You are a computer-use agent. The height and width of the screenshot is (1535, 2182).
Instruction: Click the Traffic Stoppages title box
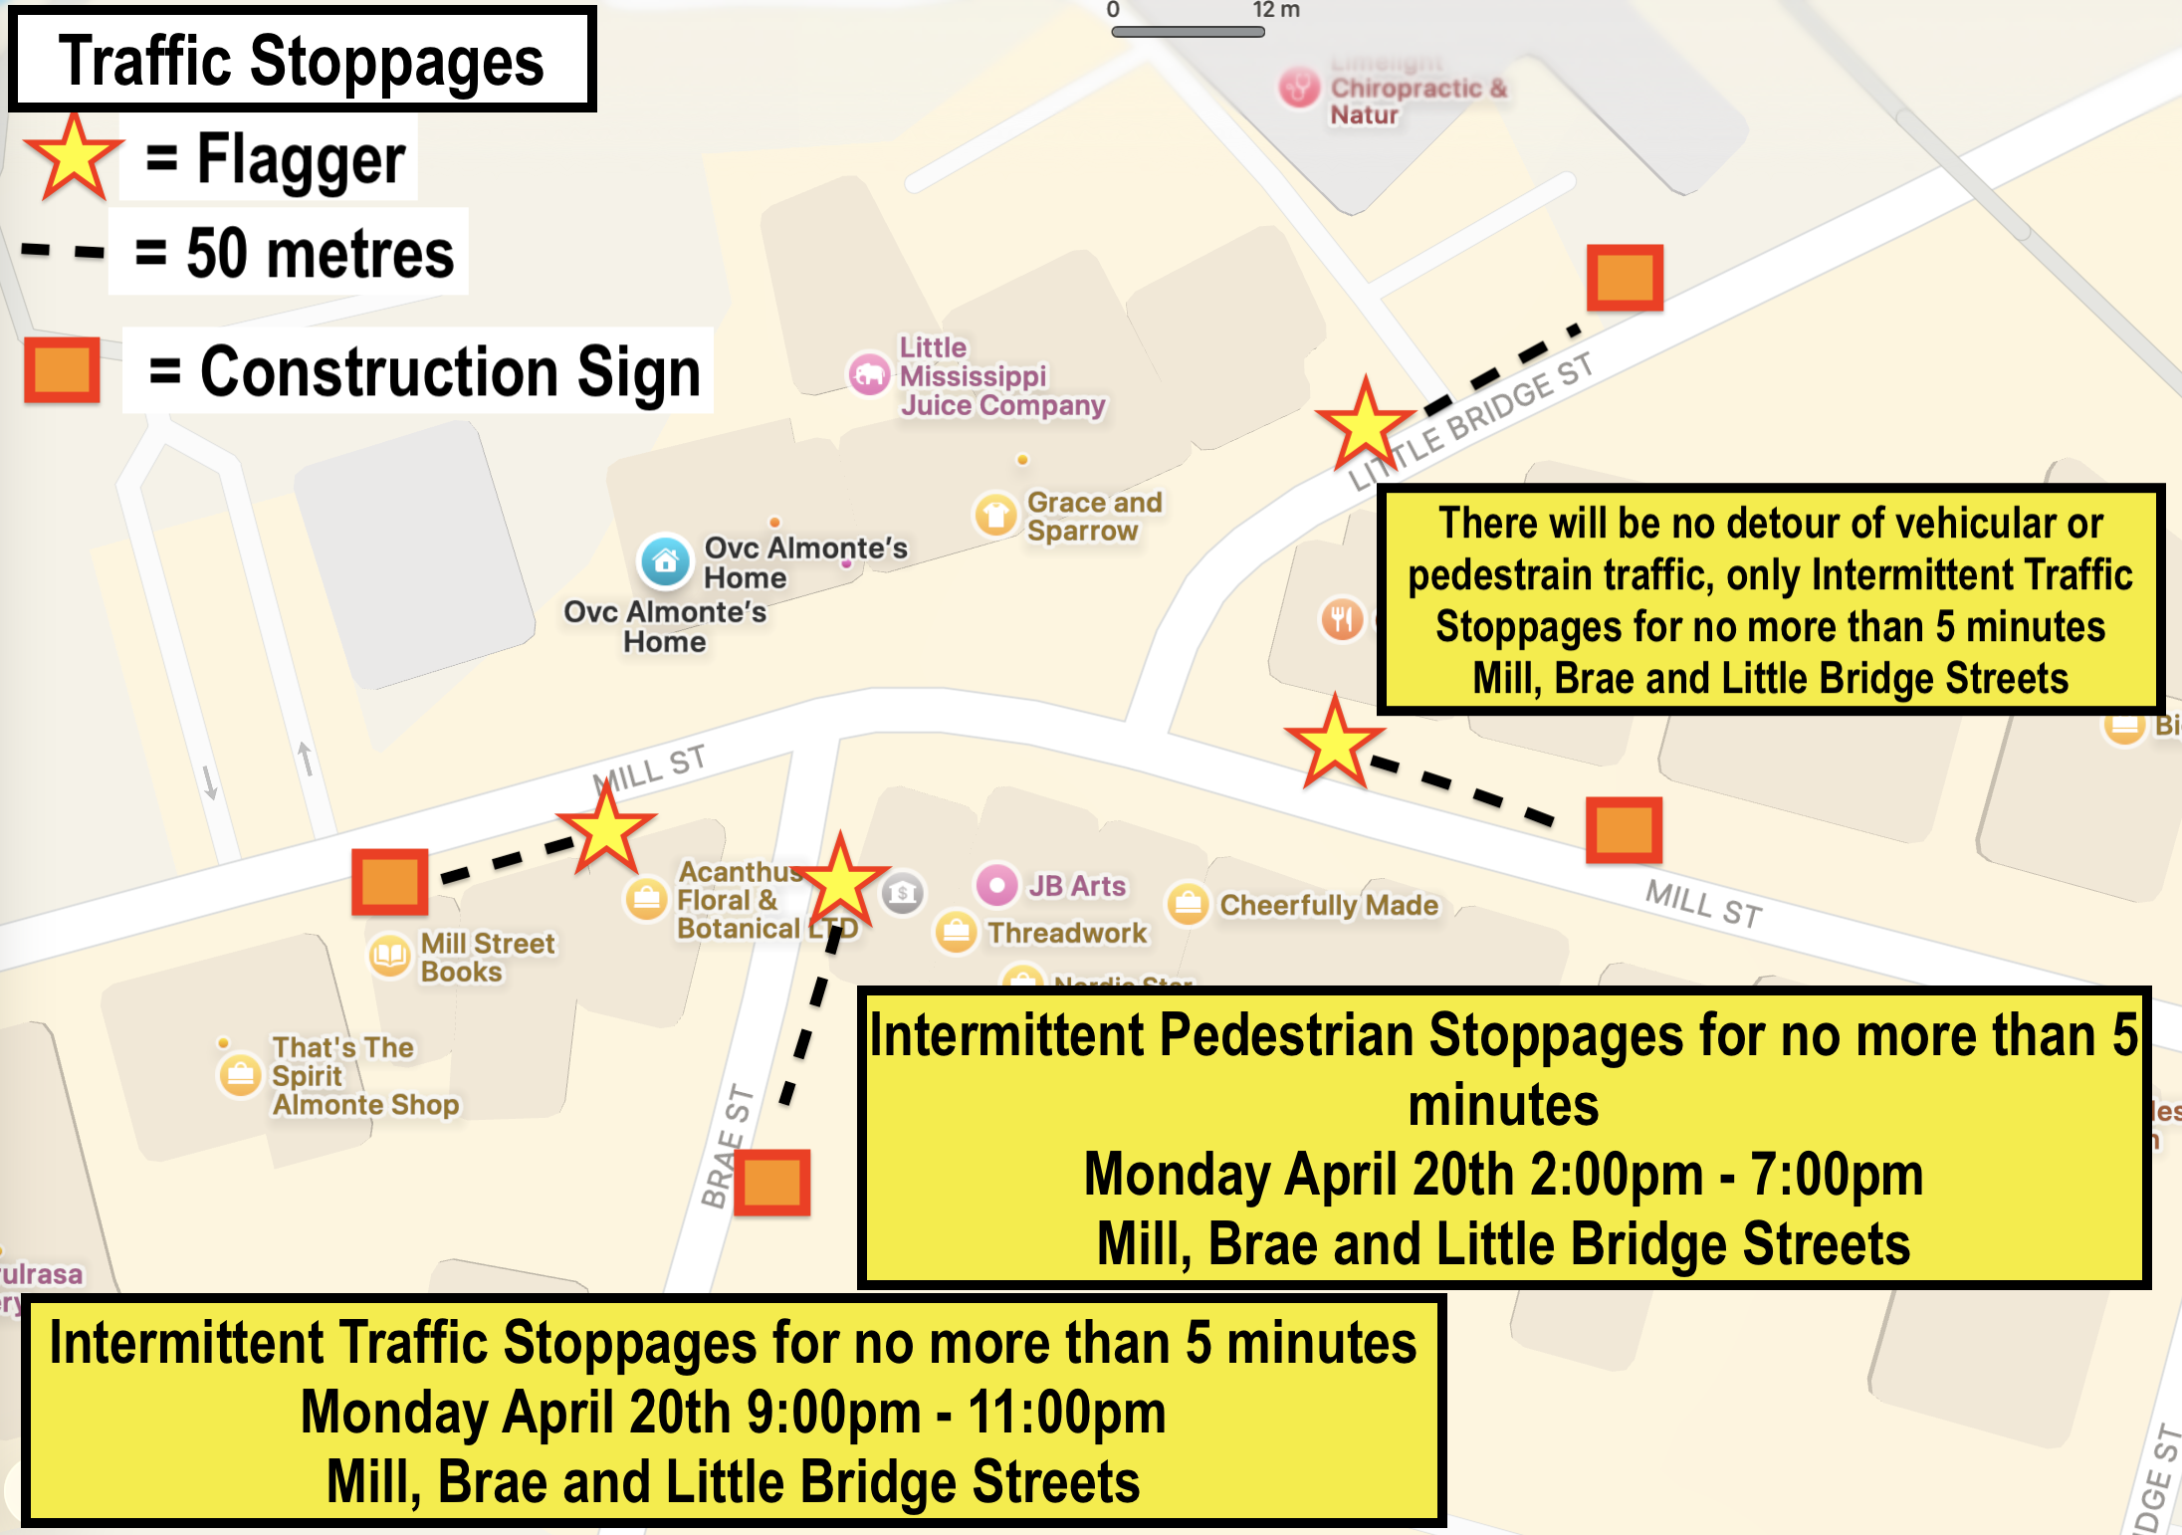[302, 60]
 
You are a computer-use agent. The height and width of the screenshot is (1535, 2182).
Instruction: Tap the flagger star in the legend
[74, 158]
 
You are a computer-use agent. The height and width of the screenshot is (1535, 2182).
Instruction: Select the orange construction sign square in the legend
[62, 369]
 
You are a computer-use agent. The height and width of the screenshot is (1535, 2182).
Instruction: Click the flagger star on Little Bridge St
[1365, 425]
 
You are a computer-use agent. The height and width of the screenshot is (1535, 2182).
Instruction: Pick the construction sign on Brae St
[771, 1183]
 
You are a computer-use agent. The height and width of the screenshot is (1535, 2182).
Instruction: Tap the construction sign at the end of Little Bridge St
[1625, 278]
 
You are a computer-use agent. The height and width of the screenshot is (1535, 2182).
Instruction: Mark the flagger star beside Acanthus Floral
[841, 882]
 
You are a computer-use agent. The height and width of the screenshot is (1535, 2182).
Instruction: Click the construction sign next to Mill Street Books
[389, 882]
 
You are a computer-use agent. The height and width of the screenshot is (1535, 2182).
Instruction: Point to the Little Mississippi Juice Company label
[1000, 376]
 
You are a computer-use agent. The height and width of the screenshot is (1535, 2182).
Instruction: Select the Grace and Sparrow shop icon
[994, 515]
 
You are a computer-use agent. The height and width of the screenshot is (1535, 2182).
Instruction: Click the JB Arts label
[1077, 885]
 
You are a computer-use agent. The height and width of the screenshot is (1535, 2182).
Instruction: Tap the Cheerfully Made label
[1329, 905]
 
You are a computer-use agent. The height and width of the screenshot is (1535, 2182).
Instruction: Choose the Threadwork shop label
[1067, 933]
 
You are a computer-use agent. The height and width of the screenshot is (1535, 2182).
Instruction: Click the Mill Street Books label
[487, 957]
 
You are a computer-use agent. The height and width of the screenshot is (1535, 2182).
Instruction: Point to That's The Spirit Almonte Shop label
[364, 1076]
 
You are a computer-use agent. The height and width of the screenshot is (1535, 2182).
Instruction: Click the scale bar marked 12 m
[1188, 32]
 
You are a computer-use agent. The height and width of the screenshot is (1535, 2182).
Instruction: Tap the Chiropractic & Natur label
[1418, 101]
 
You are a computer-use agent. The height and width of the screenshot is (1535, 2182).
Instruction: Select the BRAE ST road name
[728, 1146]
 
